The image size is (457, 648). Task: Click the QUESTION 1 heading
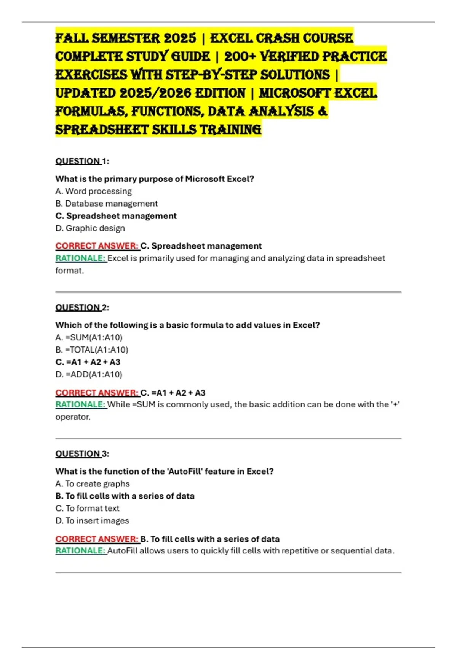pos(82,161)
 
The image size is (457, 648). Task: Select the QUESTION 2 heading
pos(82,308)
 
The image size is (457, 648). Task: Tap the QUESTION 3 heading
pos(82,454)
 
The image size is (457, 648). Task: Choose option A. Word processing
pos(93,191)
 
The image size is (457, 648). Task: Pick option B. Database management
pos(106,204)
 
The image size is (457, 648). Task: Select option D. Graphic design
pos(90,228)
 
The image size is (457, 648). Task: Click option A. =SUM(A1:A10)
pos(89,338)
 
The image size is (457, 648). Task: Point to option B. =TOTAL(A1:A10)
pos(91,350)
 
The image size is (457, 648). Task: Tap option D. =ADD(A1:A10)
pos(89,375)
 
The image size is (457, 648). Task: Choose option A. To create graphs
pos(92,484)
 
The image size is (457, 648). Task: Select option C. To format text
pos(87,508)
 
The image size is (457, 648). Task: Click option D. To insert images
pos(92,521)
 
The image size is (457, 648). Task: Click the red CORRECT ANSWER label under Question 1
pos(97,246)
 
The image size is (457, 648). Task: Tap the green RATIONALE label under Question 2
pos(80,404)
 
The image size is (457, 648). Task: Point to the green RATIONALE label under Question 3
pos(80,551)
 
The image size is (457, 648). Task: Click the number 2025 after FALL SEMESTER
pos(180,38)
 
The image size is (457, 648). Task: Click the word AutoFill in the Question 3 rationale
pos(123,551)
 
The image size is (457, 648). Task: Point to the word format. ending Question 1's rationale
pos(69,271)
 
